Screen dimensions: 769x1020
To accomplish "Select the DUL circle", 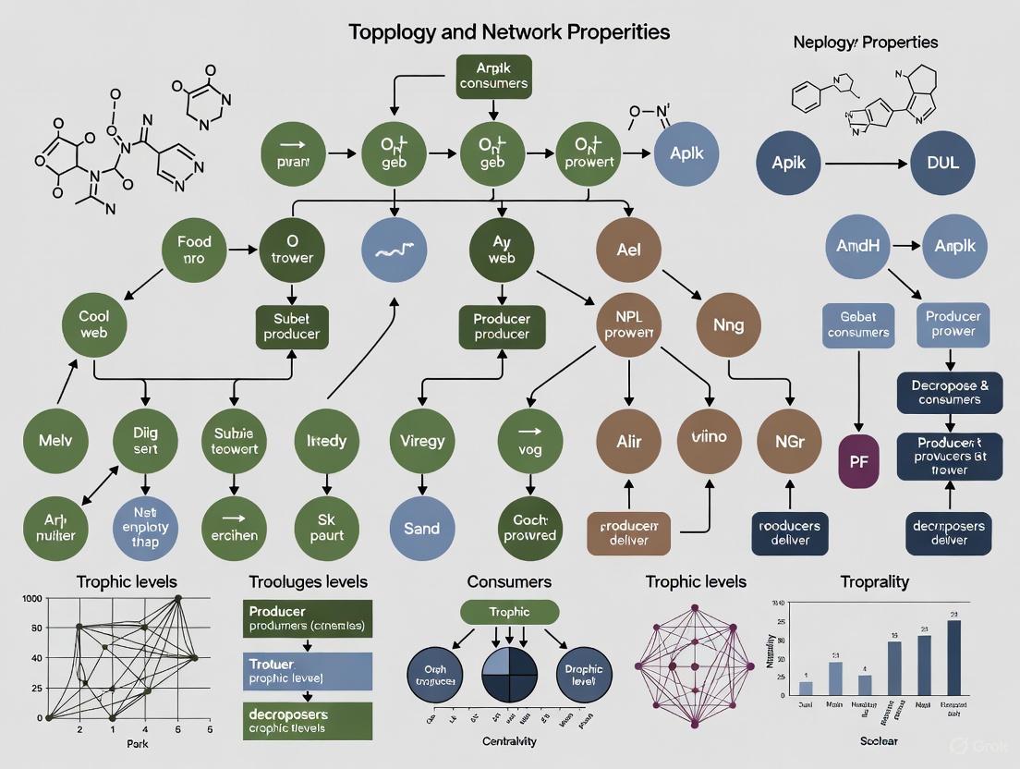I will [941, 164].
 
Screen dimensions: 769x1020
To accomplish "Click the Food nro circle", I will [194, 249].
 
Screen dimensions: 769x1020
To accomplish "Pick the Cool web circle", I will [93, 323].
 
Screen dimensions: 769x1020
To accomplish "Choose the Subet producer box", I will [291, 325].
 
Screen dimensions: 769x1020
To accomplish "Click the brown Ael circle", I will [628, 249].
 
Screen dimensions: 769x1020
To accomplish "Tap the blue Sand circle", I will [421, 529].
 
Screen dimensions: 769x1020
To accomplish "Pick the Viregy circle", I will [421, 441].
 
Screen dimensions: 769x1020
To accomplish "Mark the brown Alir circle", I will [628, 441].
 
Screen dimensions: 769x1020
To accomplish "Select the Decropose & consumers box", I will [950, 392].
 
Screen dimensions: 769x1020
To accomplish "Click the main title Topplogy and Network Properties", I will [509, 31].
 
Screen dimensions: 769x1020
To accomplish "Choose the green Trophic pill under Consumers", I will [509, 611].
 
